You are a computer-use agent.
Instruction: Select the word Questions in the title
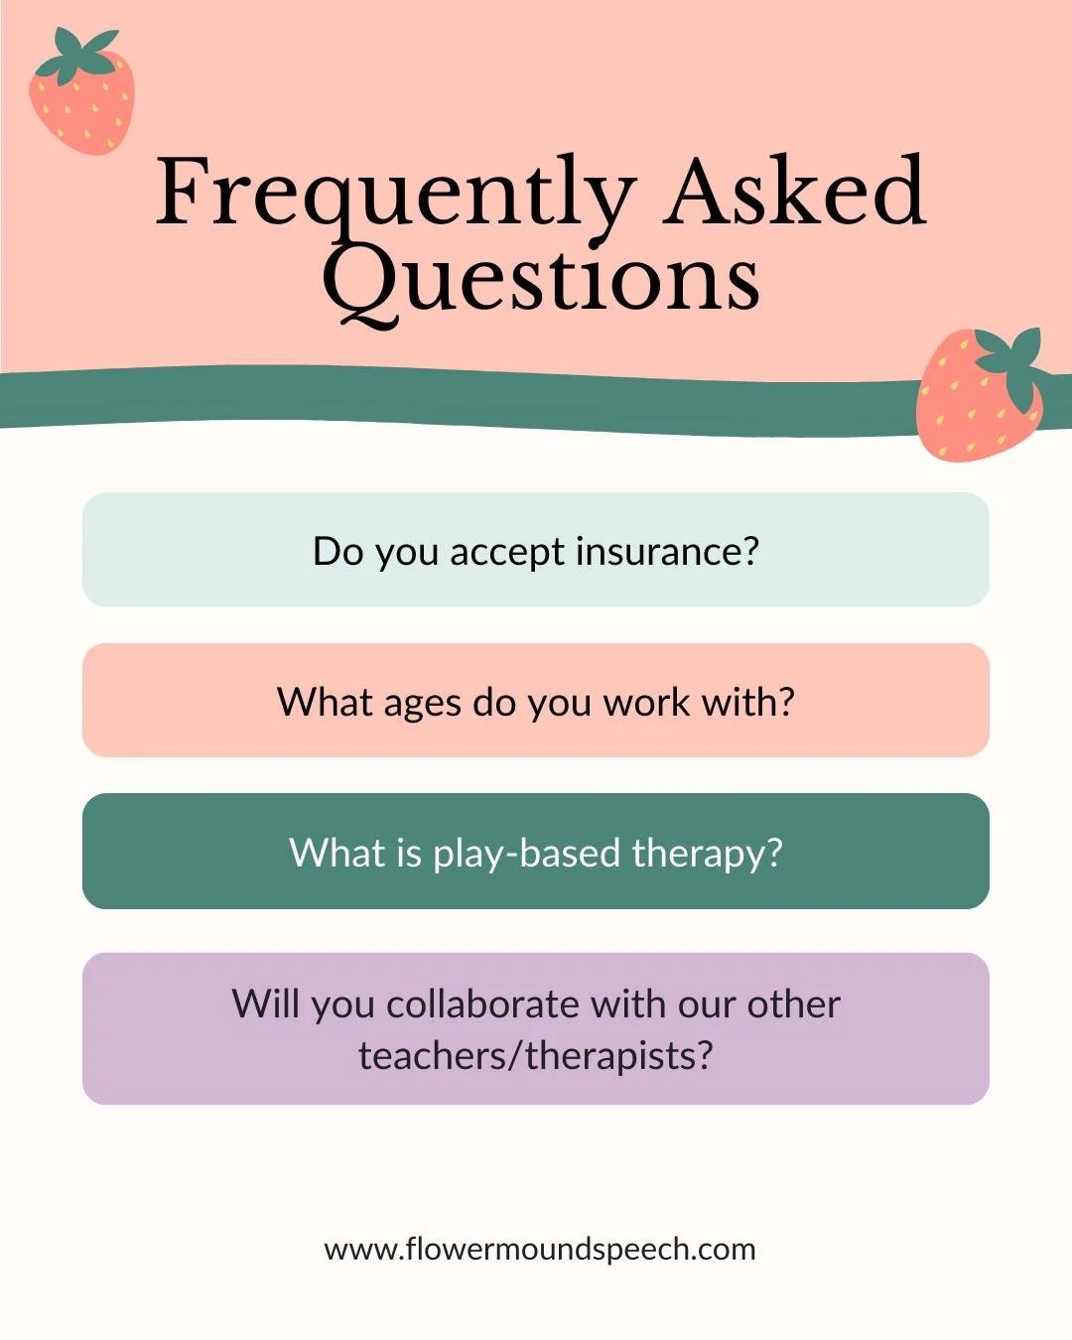pyautogui.click(x=541, y=281)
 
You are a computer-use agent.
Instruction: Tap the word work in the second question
pyautogui.click(x=646, y=702)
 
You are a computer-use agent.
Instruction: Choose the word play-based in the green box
pyautogui.click(x=526, y=854)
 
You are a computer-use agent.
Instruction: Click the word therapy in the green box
pyautogui.click(x=707, y=854)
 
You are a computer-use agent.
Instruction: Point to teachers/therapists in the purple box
pyautogui.click(x=536, y=1056)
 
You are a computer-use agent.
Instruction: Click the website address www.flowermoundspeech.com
pyautogui.click(x=540, y=1249)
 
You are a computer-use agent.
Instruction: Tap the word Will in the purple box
pyautogui.click(x=266, y=1004)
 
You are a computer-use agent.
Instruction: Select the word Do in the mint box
pyautogui.click(x=337, y=551)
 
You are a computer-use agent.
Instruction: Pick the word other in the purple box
pyautogui.click(x=793, y=1004)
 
